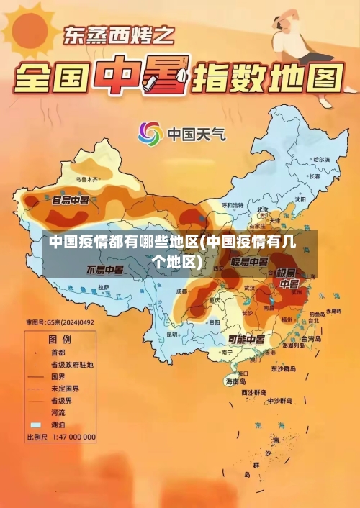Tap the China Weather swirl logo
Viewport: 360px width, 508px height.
[150, 134]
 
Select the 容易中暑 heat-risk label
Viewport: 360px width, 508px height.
[71, 199]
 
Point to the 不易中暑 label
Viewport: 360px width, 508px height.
[105, 270]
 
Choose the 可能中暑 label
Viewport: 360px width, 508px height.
[246, 339]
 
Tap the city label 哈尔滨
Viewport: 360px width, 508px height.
[320, 159]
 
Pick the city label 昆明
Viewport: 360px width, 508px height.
[171, 335]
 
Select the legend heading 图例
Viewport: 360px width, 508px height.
[60, 338]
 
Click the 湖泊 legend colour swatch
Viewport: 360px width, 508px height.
[35, 425]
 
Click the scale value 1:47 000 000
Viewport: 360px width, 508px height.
[72, 437]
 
